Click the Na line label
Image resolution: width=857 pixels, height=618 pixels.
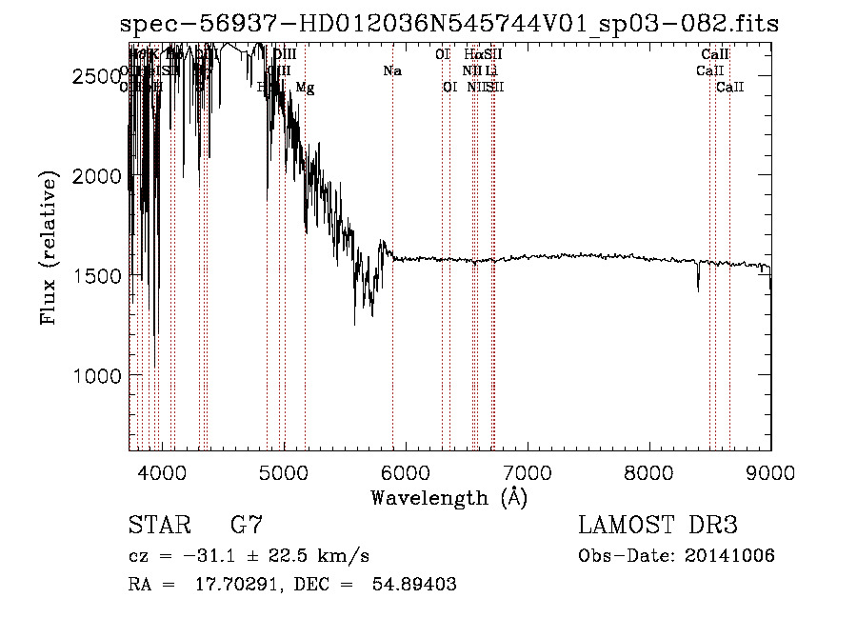coord(392,70)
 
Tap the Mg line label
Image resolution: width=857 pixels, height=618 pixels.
coord(305,88)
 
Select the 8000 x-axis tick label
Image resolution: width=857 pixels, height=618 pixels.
coord(649,470)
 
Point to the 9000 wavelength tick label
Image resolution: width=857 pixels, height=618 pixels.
coord(770,470)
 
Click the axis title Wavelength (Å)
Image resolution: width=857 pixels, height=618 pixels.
coord(448,496)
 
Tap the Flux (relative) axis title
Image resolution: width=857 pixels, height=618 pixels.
coord(48,249)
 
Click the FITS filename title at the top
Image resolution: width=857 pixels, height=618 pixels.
coord(448,24)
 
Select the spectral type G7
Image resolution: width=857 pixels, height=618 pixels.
coord(246,526)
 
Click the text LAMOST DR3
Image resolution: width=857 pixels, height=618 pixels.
coord(657,526)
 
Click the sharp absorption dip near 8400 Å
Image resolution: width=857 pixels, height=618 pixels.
coord(698,285)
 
